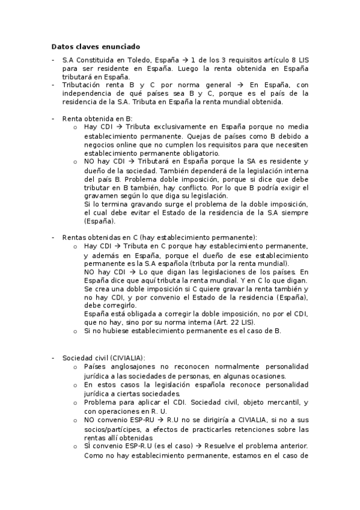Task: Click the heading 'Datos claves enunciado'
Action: [96, 46]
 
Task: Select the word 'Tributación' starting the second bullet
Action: [82, 85]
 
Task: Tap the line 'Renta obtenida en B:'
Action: [97, 118]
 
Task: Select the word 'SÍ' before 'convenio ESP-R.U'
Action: [88, 446]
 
